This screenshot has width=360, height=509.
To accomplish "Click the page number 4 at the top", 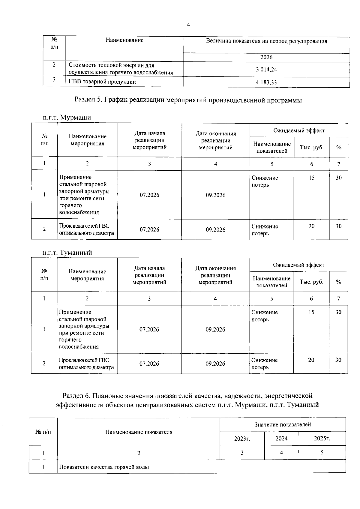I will point(188,25).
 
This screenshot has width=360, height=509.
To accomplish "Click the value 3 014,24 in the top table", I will point(266,70).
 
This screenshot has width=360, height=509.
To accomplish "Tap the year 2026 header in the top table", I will point(266,57).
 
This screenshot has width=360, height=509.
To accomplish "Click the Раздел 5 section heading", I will point(188,100).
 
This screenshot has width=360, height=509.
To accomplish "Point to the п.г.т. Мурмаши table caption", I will point(67,118).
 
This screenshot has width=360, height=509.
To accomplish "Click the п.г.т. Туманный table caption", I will point(67,253).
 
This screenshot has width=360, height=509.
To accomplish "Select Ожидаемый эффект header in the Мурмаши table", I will point(299,130).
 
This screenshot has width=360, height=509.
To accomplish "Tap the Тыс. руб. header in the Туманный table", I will point(311,282).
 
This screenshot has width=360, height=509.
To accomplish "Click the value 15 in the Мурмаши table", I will point(312,178).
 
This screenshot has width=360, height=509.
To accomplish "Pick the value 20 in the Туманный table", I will point(311,360).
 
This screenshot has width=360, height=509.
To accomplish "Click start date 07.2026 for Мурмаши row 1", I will point(149,195).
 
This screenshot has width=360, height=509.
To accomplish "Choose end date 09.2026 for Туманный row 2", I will point(215,364).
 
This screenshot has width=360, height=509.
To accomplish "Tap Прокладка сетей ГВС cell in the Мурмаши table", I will point(87,229).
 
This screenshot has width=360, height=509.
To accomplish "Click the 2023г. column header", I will point(242,439).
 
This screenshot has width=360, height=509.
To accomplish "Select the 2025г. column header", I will point(322,439).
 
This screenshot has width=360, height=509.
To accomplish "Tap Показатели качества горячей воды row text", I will point(104,467).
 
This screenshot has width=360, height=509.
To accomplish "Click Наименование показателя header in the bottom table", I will point(139,432).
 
